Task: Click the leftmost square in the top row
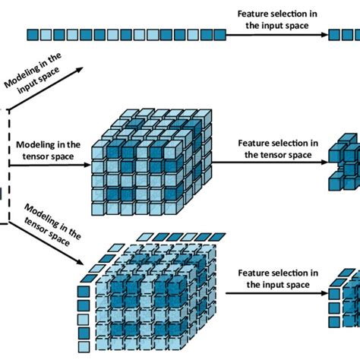31,34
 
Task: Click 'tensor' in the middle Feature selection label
274,155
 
